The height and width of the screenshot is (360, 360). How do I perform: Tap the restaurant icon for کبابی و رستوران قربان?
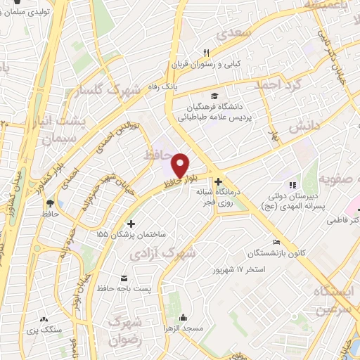(206, 52)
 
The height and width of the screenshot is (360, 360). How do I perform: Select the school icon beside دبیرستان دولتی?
(293, 184)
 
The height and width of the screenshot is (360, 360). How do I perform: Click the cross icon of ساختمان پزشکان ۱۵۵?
(131, 223)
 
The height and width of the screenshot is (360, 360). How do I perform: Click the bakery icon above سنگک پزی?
(45, 318)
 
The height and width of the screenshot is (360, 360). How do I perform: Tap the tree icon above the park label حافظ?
(49, 202)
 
